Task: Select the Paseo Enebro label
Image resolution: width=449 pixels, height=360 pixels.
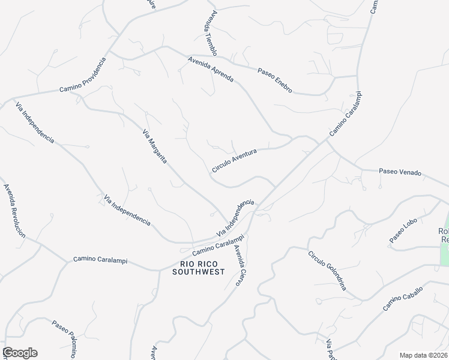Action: (x=275, y=80)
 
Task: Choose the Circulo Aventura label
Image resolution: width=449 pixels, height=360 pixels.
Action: (x=234, y=161)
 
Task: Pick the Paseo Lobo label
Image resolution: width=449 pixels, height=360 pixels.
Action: (x=403, y=230)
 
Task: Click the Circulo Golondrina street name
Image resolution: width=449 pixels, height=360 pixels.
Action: (x=328, y=270)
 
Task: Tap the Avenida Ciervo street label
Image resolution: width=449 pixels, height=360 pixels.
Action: (x=241, y=265)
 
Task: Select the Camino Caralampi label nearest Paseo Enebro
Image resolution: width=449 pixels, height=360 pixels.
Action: (x=347, y=113)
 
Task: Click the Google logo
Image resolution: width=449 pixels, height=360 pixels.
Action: (x=20, y=353)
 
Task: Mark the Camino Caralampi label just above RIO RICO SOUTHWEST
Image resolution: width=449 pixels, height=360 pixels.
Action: (x=212, y=247)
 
